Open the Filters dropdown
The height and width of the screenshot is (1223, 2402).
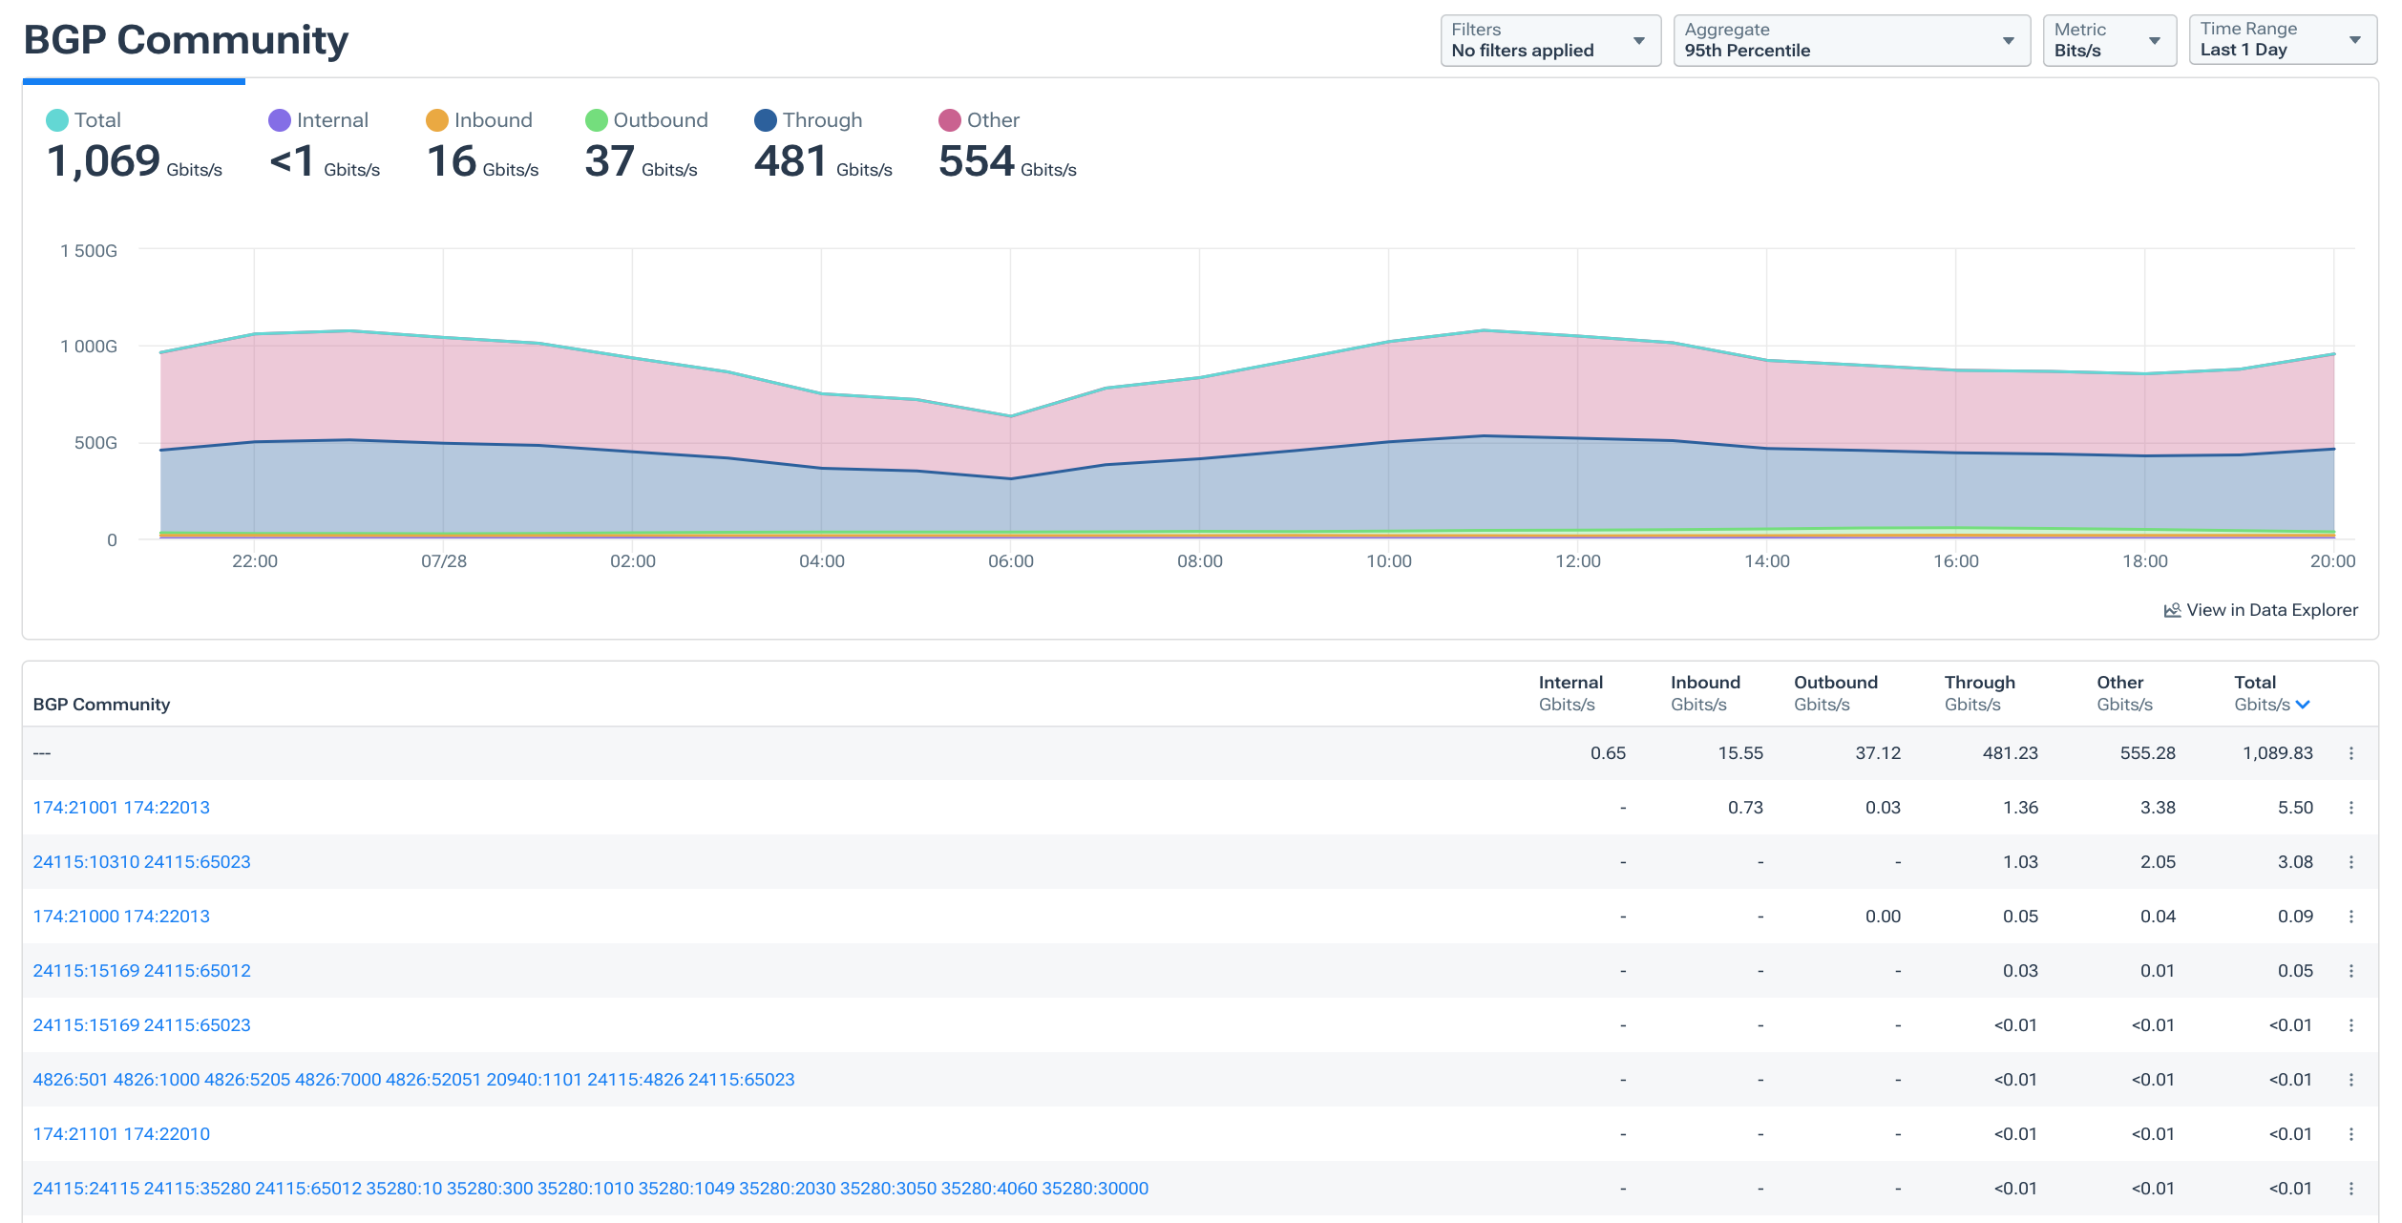point(1549,40)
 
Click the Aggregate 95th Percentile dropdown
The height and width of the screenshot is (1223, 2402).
point(1849,40)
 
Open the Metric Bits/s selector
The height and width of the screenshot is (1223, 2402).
point(2107,40)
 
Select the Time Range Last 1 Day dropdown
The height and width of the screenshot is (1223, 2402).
point(2280,40)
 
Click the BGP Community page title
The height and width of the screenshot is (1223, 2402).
point(185,40)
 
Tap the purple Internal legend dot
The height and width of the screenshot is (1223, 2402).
point(279,120)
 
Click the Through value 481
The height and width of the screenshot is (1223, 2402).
point(790,161)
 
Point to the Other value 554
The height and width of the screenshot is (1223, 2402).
point(975,161)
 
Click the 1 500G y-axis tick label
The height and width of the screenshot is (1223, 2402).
point(89,251)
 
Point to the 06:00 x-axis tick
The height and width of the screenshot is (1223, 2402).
point(1010,561)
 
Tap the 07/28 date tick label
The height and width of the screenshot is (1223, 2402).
point(443,561)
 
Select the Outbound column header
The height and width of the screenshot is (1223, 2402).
point(1834,683)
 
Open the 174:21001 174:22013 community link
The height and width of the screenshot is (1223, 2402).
point(121,808)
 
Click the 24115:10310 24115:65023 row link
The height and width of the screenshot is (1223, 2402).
point(141,862)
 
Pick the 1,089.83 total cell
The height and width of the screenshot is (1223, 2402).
point(2277,753)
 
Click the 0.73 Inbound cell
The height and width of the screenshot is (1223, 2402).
point(1744,808)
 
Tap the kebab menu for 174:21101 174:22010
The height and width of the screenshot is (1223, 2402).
point(2350,1134)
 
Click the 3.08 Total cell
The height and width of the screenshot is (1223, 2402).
point(2294,862)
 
